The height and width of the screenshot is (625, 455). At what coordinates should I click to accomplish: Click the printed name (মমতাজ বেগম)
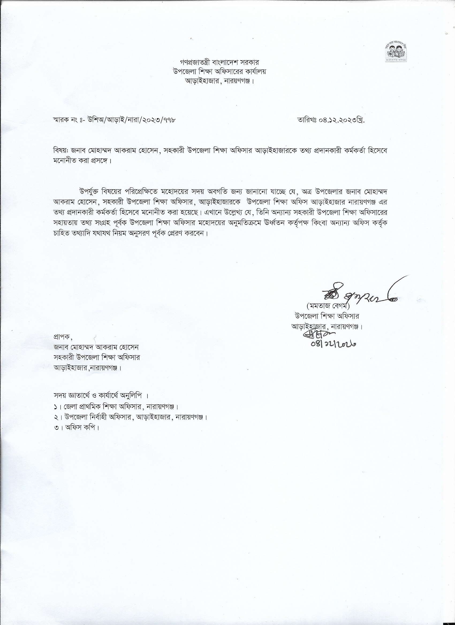(328, 306)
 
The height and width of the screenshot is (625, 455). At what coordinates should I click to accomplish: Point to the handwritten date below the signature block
(333, 343)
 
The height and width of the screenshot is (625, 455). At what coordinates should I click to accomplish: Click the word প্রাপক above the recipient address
(62, 337)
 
